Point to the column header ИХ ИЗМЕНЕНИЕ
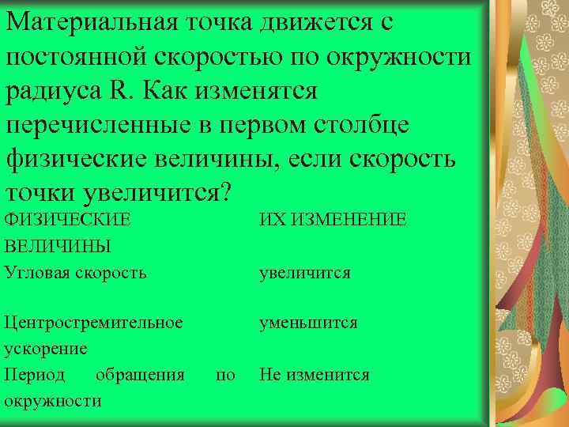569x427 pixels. point(333,219)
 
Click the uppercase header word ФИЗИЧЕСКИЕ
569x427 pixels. point(66,219)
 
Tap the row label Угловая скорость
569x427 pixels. point(75,273)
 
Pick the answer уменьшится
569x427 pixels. point(308,323)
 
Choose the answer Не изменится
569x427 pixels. point(314,374)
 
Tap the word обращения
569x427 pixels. point(140,374)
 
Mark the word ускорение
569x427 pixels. point(46,348)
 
